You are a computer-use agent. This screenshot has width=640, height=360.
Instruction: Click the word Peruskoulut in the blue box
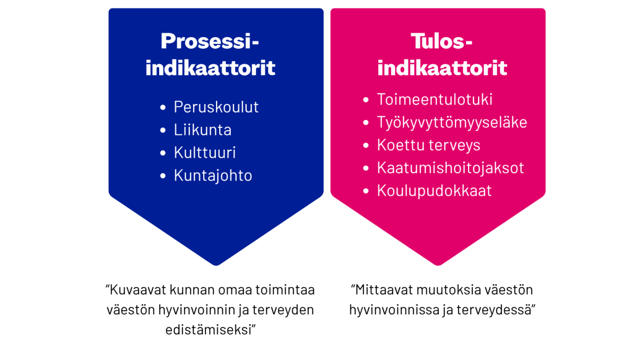[x=216, y=107]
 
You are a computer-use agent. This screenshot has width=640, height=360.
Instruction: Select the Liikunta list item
[x=202, y=130]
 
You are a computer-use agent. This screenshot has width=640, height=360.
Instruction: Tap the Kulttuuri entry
[x=204, y=153]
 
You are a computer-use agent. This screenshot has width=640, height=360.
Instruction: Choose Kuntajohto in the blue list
[x=213, y=176]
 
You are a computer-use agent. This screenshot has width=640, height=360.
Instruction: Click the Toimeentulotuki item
[x=435, y=100]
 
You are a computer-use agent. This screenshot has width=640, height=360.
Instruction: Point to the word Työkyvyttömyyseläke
[x=452, y=123]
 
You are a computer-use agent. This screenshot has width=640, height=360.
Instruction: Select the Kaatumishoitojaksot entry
[x=450, y=168]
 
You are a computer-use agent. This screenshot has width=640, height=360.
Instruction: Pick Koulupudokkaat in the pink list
[x=434, y=191]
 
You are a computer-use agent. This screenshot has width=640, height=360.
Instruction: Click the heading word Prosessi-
[x=210, y=41]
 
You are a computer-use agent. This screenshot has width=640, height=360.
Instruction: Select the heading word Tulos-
[x=442, y=41]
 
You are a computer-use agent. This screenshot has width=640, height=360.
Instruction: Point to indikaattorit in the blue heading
[x=210, y=68]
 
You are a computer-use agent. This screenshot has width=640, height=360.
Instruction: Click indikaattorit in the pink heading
[x=442, y=68]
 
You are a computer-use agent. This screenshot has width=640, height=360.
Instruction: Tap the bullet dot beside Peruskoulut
[x=163, y=108]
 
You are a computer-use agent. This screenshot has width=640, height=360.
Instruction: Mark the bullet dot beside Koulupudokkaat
[x=366, y=191]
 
